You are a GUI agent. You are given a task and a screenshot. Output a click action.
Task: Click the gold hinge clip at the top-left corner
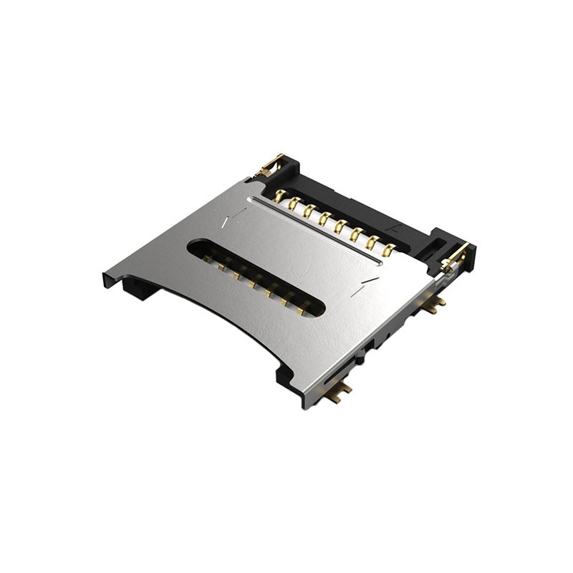269,166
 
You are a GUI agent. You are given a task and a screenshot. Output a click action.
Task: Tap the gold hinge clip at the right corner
456,257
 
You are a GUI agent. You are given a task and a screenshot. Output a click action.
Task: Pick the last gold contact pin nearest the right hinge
389,250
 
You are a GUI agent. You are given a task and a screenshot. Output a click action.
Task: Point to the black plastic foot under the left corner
136,288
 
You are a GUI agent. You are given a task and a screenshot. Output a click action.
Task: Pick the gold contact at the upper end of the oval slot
209,256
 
